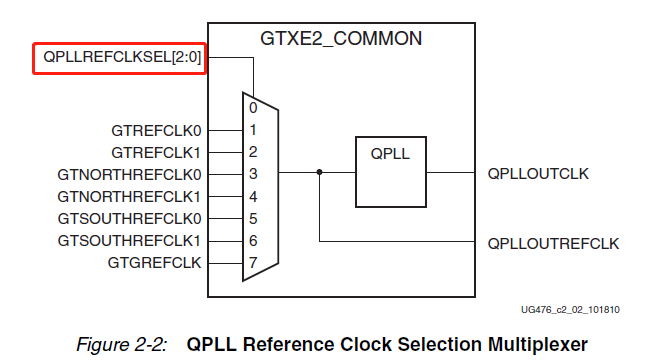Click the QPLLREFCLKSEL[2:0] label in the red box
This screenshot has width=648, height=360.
click(122, 58)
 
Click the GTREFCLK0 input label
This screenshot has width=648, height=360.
click(157, 130)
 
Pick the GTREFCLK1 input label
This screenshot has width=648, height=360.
click(157, 152)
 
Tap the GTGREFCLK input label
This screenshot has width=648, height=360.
click(154, 262)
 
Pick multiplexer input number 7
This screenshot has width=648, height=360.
click(254, 262)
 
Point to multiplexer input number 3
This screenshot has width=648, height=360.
click(254, 174)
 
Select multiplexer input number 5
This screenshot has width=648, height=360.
click(254, 218)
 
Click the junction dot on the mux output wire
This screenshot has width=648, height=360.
click(319, 173)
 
